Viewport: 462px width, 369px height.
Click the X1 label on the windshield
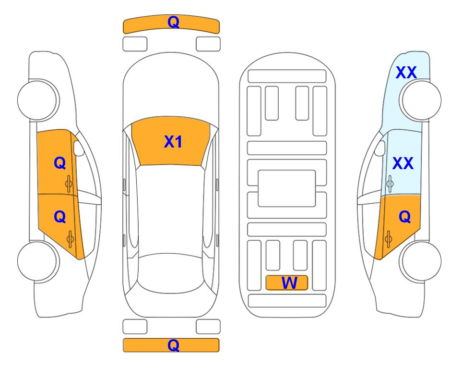pos(173,142)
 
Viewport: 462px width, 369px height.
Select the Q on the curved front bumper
pos(173,22)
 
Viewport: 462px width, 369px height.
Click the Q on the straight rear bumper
pos(173,345)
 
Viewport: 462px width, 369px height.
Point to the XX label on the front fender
pos(406,73)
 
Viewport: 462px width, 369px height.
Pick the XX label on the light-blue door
pos(403,163)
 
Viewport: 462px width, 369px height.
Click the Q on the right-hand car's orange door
pos(404,217)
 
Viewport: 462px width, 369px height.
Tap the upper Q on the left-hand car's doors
pos(60,163)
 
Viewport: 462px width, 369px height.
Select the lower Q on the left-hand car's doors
pos(60,217)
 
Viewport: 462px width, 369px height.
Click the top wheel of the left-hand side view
pos(38,100)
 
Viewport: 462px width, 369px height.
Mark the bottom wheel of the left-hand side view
pos(38,261)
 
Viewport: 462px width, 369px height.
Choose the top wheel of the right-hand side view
pos(420,100)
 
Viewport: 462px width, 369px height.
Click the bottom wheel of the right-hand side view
pos(420,261)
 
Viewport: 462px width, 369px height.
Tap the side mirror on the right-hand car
pos(380,148)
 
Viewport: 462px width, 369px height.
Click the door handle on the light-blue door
pos(390,184)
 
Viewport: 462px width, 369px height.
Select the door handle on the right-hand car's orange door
pos(388,239)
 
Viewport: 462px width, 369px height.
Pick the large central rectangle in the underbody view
pos(287,188)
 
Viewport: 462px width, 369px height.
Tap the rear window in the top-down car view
pos(171,273)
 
